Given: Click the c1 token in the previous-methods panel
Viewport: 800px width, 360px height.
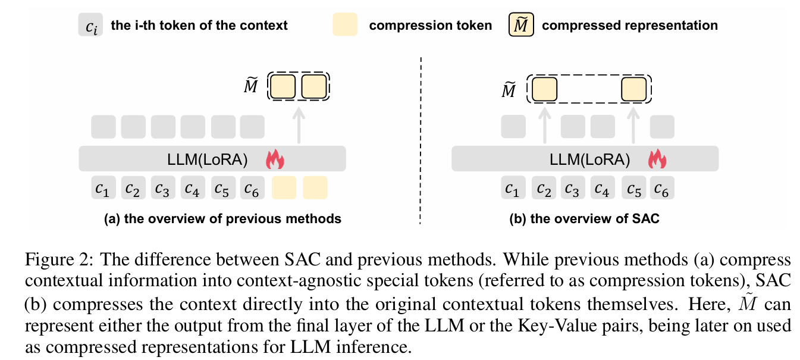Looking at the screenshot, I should [103, 188].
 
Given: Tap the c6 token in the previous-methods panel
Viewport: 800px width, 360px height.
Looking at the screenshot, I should [252, 188].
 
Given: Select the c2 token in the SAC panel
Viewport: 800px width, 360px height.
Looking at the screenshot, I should [543, 188].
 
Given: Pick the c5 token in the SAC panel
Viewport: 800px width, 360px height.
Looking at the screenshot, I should [633, 188].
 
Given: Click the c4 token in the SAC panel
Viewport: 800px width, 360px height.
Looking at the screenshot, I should [603, 188].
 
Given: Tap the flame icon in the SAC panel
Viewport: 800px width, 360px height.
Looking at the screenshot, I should [656, 159].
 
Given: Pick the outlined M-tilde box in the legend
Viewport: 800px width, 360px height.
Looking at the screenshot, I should [521, 26].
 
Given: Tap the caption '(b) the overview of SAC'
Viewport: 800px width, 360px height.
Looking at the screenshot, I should [585, 219].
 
